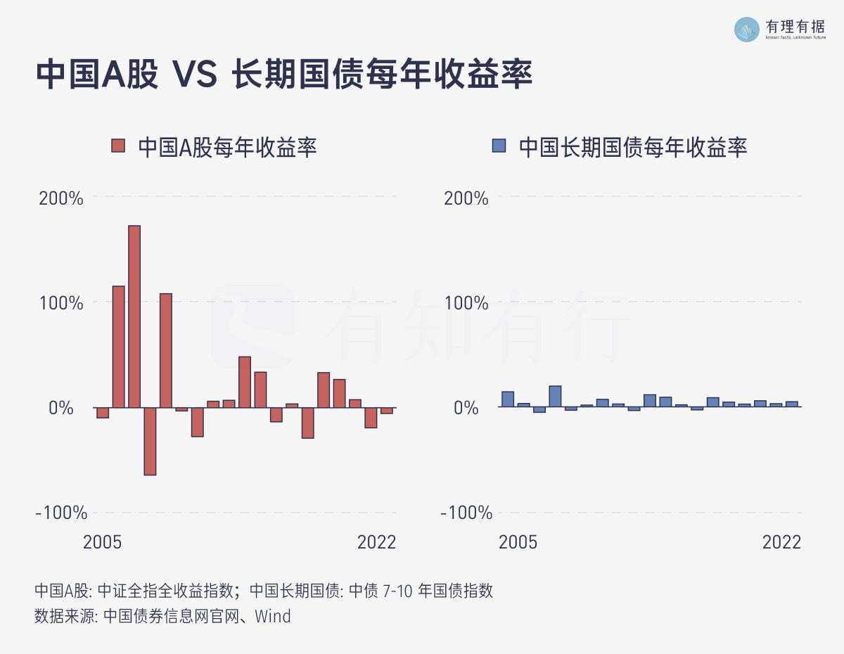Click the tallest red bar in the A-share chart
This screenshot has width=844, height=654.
point(134,316)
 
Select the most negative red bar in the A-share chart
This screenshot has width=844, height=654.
point(150,441)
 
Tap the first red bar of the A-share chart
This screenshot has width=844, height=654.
point(103,413)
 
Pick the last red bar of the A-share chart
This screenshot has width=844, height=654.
point(387,411)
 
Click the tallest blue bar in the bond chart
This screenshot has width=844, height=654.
point(555,397)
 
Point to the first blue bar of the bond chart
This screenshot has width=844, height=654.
point(508,399)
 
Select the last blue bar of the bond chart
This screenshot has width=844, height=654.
point(792,404)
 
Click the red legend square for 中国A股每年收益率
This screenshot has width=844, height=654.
point(118,146)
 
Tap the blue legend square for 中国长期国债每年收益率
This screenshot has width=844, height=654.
point(499,146)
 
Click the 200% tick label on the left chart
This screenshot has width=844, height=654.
point(61,198)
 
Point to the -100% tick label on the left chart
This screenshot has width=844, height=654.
point(61,513)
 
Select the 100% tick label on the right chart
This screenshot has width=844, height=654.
point(466,303)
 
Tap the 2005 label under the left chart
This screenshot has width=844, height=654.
point(103,542)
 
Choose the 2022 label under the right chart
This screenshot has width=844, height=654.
point(782,542)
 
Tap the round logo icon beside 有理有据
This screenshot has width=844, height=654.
point(747,29)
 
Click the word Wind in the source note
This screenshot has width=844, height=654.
point(273,616)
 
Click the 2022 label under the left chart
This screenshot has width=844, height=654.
point(377,542)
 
